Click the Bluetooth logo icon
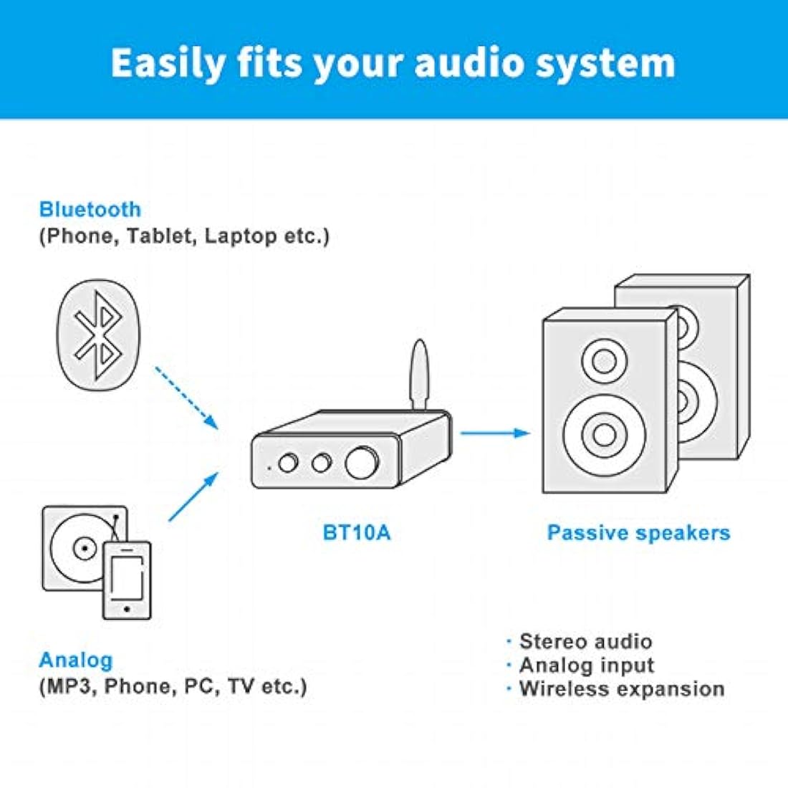pyautogui.click(x=99, y=335)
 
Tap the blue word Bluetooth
pyautogui.click(x=90, y=210)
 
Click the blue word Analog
pyautogui.click(x=76, y=660)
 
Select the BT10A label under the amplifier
pyautogui.click(x=356, y=532)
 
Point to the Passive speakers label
pyautogui.click(x=638, y=533)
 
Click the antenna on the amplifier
pyautogui.click(x=419, y=375)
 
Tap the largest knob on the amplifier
pyautogui.click(x=362, y=462)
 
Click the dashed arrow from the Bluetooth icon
pyautogui.click(x=186, y=398)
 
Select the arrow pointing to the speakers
pyautogui.click(x=496, y=433)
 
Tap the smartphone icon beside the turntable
pyautogui.click(x=127, y=580)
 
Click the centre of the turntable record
pyautogui.click(x=84, y=548)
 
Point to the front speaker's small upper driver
pyautogui.click(x=604, y=361)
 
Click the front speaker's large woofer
pyautogui.click(x=604, y=435)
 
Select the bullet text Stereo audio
pyautogui.click(x=585, y=641)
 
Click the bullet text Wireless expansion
pyautogui.click(x=622, y=688)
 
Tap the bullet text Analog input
pyautogui.click(x=587, y=666)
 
